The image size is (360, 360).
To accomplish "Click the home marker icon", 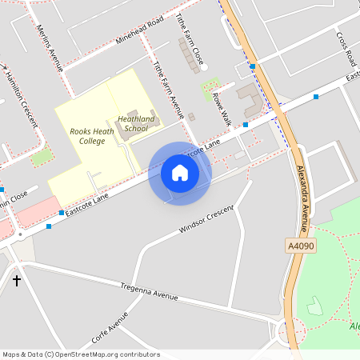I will (x=180, y=172).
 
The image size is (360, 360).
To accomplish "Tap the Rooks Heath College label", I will (x=86, y=135).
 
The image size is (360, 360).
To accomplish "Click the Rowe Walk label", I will (x=221, y=107).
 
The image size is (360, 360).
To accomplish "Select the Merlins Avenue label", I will (x=49, y=47).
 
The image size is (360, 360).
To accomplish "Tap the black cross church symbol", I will (x=17, y=281).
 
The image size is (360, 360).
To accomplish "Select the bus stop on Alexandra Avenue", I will (x=253, y=66).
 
